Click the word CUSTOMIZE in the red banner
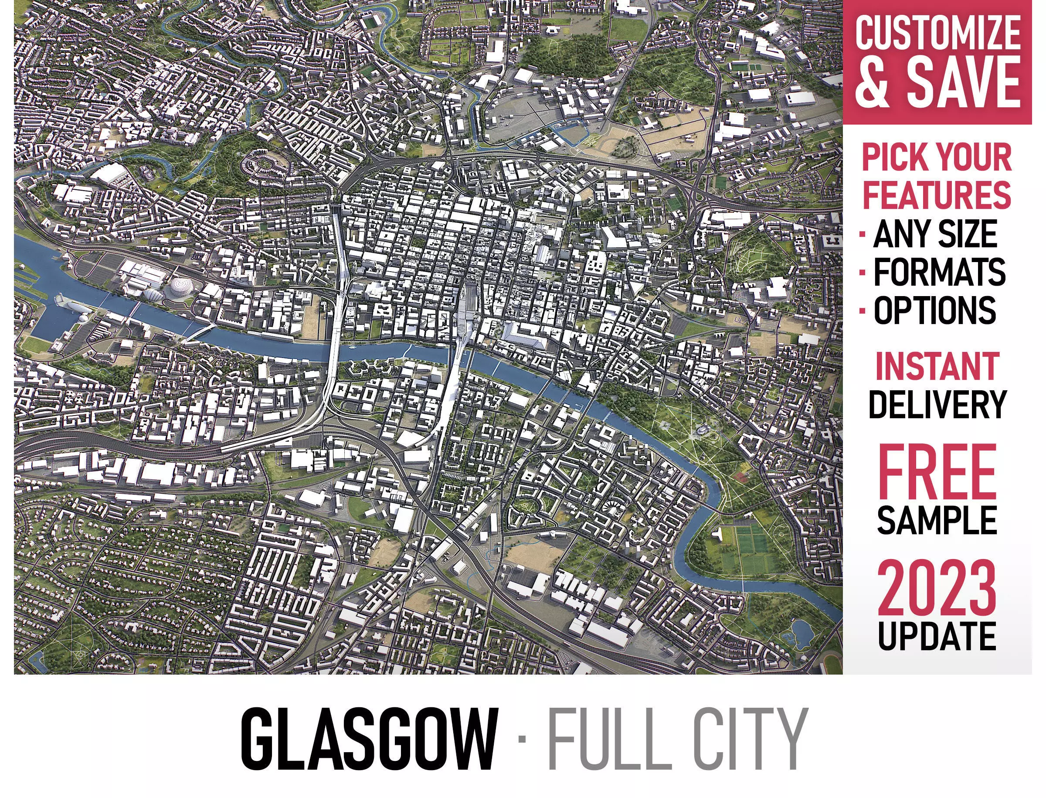[937, 32]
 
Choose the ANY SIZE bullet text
[935, 234]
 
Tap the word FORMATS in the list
[939, 272]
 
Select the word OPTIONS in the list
[934, 310]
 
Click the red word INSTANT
[937, 366]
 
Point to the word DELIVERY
[937, 405]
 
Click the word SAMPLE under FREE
[937, 520]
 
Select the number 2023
[936, 588]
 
